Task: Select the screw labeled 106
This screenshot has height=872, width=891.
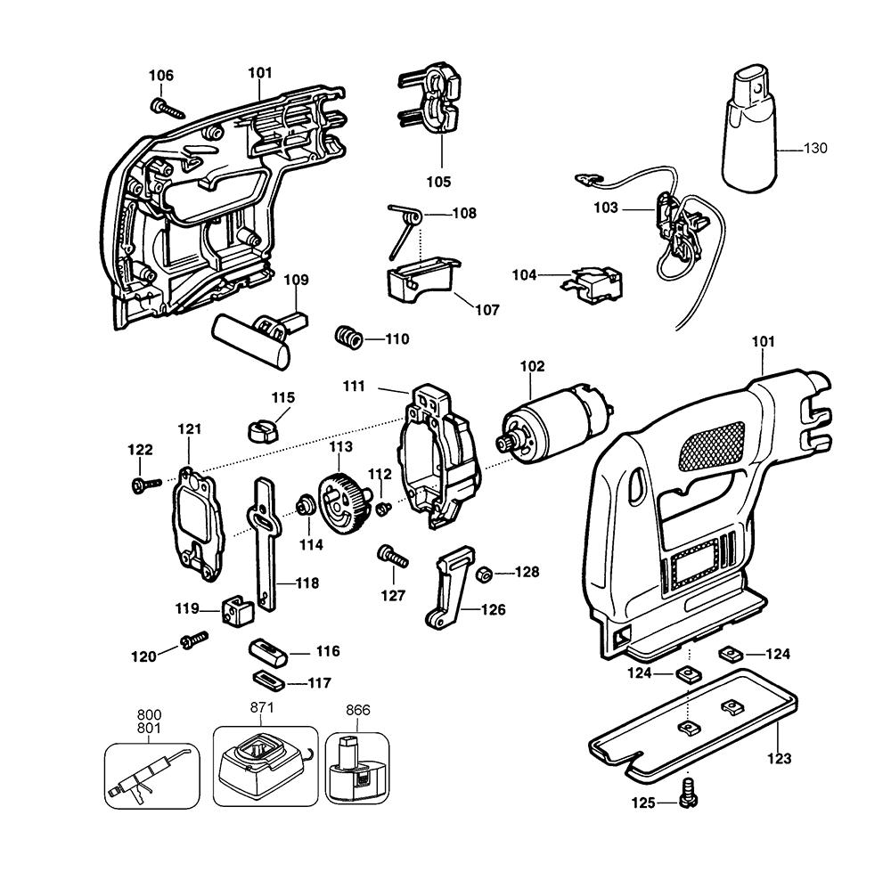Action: pyautogui.click(x=167, y=109)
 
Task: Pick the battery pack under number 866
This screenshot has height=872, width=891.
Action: pyautogui.click(x=357, y=768)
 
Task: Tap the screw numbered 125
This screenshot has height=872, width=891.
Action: pyautogui.click(x=686, y=792)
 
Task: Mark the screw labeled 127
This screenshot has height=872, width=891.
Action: pyautogui.click(x=393, y=558)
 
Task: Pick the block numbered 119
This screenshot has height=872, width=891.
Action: pyautogui.click(x=237, y=610)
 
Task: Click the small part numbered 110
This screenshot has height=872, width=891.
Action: pyautogui.click(x=347, y=338)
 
